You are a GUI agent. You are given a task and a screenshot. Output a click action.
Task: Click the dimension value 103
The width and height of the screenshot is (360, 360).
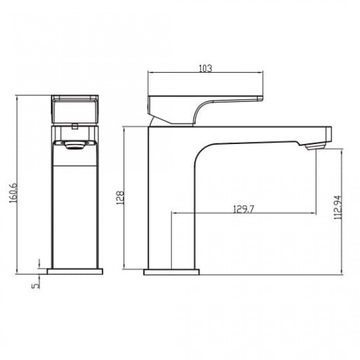pyautogui.click(x=205, y=68)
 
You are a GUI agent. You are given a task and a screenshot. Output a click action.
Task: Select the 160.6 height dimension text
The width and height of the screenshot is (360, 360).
pyautogui.click(x=13, y=193)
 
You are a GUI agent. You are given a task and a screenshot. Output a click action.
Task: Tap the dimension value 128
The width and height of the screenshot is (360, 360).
pyautogui.click(x=120, y=197)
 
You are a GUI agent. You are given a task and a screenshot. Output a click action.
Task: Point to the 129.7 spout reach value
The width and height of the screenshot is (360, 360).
pyautogui.click(x=244, y=209)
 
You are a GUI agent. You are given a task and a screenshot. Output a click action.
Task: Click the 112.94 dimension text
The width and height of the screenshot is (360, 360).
pyautogui.click(x=338, y=207)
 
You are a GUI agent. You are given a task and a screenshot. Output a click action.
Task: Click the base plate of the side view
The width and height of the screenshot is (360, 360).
pyautogui.click(x=171, y=272)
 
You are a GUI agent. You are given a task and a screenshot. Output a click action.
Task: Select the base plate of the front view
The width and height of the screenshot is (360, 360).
pyautogui.click(x=75, y=271)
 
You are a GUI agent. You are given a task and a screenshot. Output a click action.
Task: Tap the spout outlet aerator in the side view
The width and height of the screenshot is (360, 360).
pyautogui.click(x=315, y=146)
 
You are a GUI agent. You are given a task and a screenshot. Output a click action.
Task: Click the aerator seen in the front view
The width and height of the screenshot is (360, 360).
pyautogui.click(x=75, y=145)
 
